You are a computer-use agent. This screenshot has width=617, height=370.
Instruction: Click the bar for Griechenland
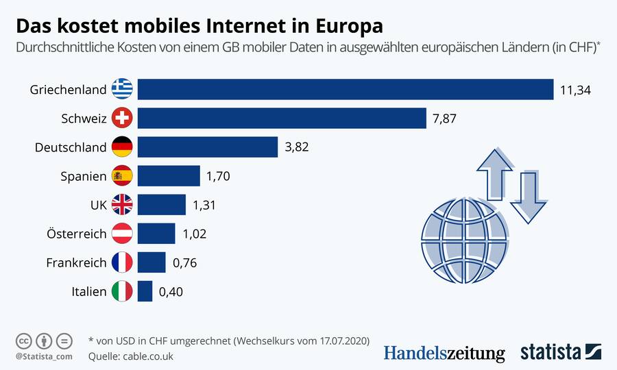346,90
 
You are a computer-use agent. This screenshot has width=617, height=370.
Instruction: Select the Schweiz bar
282,119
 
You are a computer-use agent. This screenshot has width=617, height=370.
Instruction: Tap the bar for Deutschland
208,147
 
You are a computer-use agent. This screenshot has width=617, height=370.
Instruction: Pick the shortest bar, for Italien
145,291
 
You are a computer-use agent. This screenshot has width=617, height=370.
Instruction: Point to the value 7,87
444,119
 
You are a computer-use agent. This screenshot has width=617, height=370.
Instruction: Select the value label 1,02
194,234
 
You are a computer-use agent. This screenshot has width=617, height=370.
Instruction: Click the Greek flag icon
122,90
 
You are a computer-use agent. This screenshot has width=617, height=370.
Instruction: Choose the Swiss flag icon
122,119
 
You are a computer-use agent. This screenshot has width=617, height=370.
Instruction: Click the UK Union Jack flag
122,205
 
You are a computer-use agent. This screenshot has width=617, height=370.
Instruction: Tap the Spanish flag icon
122,176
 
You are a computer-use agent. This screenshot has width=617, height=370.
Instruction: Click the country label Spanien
84,176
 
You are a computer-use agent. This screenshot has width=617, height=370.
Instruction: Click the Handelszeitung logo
444,353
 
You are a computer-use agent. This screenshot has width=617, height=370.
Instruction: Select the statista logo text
551,352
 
